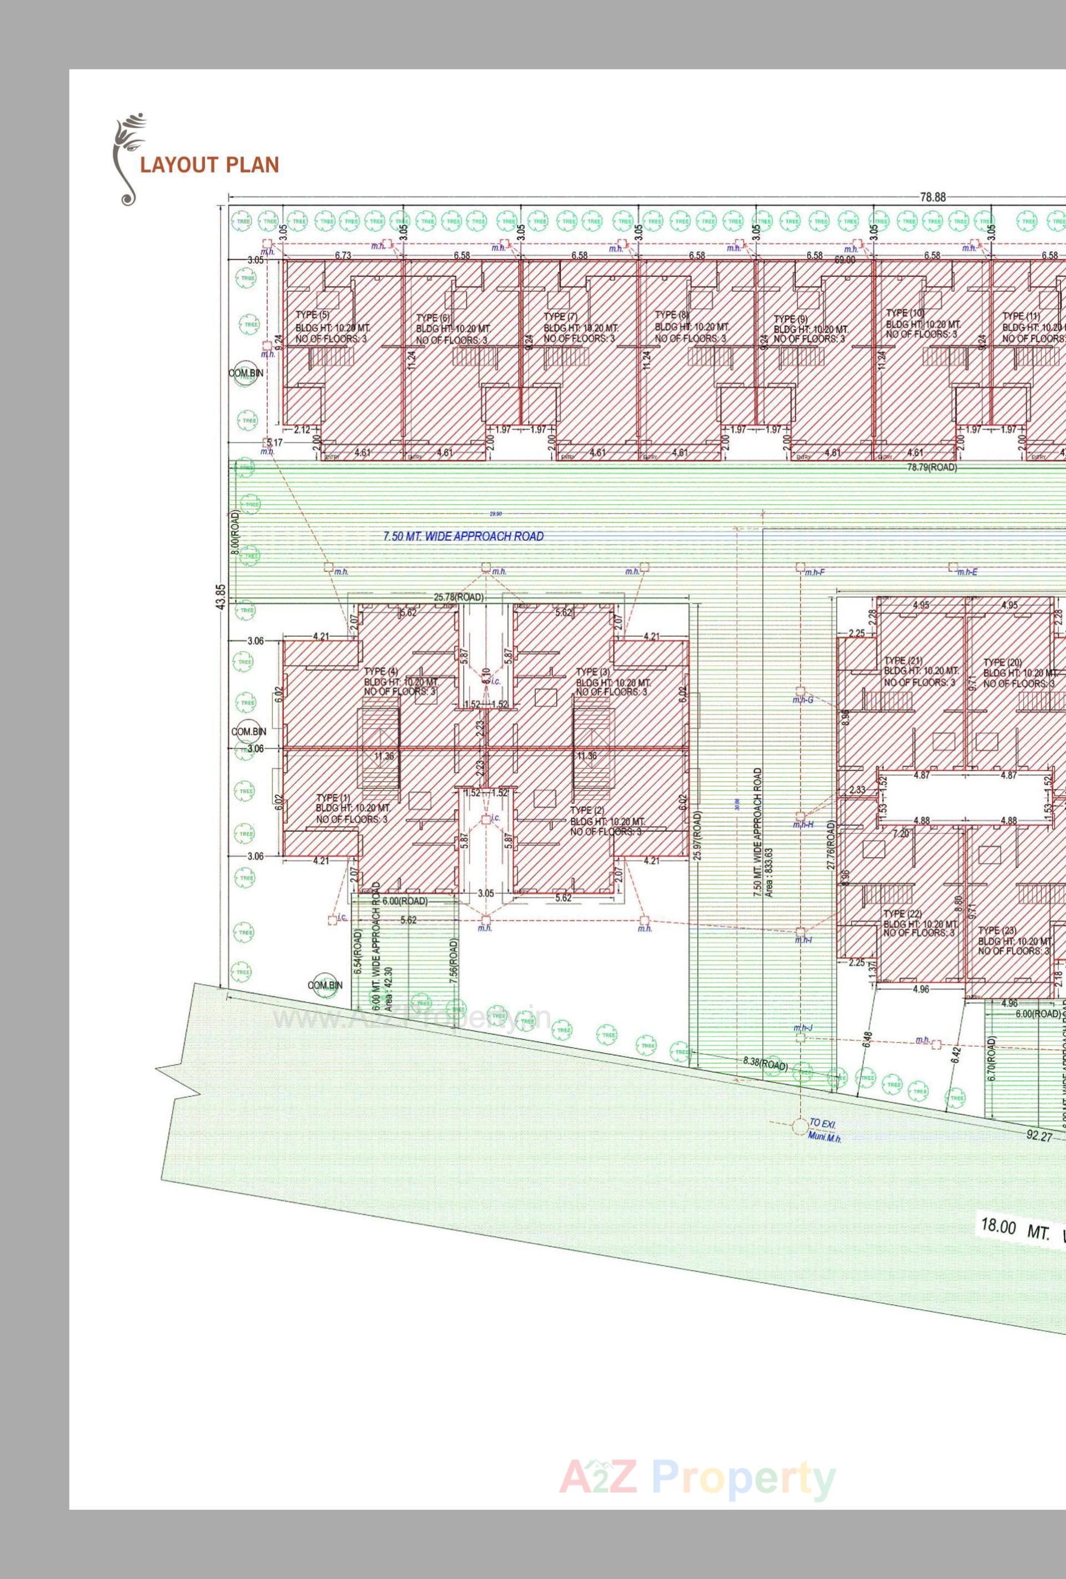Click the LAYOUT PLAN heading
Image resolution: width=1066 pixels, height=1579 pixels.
coord(209,165)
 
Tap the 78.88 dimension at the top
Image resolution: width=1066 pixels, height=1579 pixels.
coord(932,197)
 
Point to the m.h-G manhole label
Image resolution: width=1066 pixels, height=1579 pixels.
coord(803,699)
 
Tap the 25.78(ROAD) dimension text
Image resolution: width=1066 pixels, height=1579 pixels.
coord(459,597)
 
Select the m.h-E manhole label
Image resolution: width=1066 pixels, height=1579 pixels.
coord(966,572)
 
